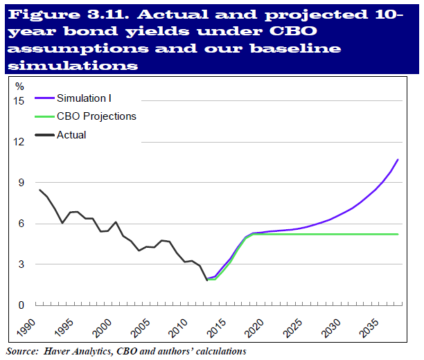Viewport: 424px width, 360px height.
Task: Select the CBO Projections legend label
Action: point(96,116)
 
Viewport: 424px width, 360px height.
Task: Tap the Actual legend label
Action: point(71,135)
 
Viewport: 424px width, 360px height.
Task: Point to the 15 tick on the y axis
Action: point(19,101)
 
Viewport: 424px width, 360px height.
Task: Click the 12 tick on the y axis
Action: point(19,142)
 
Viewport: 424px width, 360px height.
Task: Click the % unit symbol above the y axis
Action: point(20,87)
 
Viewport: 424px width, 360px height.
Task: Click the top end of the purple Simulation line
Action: point(398,160)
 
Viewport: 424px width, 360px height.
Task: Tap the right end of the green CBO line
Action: point(398,234)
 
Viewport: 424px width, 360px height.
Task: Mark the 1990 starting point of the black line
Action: point(39,190)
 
